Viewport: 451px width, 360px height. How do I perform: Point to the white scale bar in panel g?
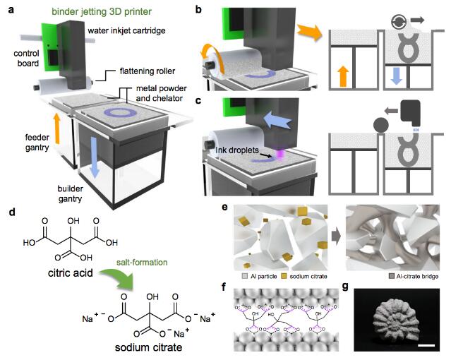tap(427, 344)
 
